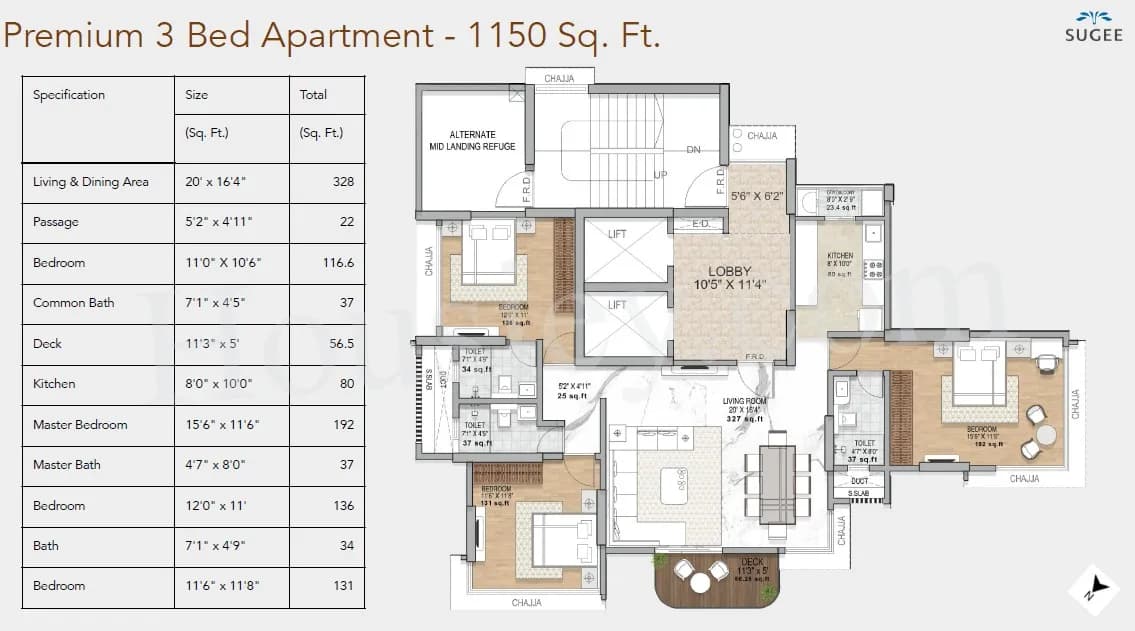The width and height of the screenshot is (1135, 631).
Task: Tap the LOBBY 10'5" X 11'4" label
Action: click(x=729, y=278)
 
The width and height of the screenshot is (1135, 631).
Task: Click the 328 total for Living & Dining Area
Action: click(x=344, y=182)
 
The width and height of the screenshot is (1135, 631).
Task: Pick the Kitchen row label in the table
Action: click(x=54, y=384)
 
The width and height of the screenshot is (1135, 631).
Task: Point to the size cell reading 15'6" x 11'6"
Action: click(x=222, y=424)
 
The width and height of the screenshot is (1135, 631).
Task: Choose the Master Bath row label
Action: click(x=66, y=465)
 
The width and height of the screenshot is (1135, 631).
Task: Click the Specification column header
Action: click(x=69, y=95)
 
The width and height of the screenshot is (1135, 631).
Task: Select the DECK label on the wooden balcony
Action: click(x=752, y=562)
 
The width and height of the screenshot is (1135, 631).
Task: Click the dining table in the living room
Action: click(x=777, y=483)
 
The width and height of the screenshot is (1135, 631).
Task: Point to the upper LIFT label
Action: click(x=618, y=234)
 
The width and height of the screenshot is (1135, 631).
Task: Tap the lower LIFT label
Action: click(x=618, y=305)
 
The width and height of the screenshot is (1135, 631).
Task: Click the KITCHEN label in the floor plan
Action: click(x=840, y=256)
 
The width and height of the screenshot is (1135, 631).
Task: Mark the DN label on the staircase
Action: click(x=693, y=150)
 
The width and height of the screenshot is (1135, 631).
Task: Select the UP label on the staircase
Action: click(x=659, y=174)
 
